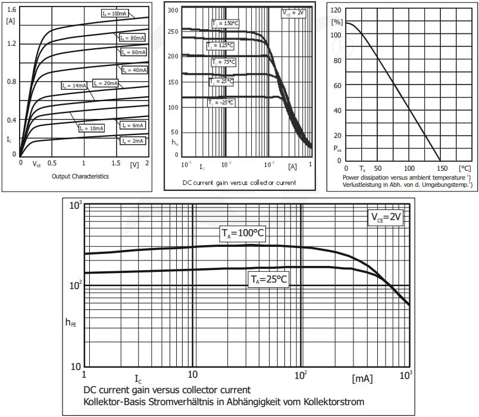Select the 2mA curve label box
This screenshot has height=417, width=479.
click(x=133, y=141)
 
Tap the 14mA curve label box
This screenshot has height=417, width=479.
click(x=74, y=86)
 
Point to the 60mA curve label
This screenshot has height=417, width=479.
click(x=133, y=52)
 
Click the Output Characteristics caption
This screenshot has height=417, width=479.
click(x=80, y=176)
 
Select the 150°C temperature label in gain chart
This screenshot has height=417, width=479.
click(x=225, y=23)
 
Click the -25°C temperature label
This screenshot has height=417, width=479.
click(x=221, y=102)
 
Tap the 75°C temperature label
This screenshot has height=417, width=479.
click(x=224, y=61)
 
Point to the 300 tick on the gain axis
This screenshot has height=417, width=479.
click(x=173, y=11)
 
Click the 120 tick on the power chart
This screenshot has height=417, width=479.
click(x=336, y=10)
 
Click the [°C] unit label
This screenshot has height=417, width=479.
click(x=464, y=168)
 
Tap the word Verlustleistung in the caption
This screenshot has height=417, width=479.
click(x=362, y=185)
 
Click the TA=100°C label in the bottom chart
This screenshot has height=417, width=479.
click(x=241, y=234)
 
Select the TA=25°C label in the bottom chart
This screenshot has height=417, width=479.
click(x=268, y=279)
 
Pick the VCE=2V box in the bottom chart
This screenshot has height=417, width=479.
click(x=387, y=218)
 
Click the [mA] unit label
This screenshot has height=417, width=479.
click(x=362, y=378)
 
